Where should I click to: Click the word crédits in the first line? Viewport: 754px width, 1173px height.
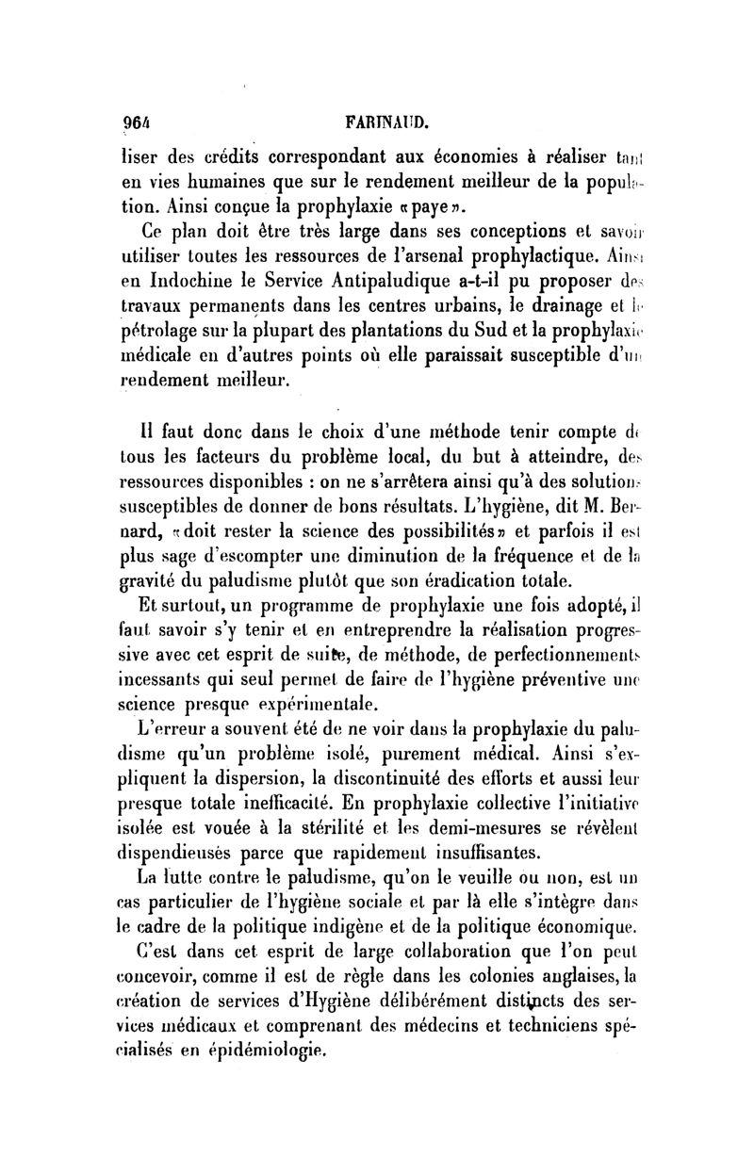(x=236, y=156)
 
